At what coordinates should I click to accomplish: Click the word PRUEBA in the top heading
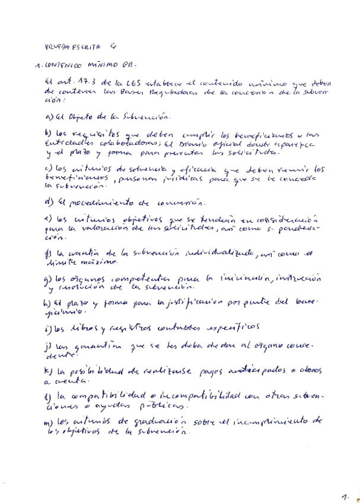(57, 46)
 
